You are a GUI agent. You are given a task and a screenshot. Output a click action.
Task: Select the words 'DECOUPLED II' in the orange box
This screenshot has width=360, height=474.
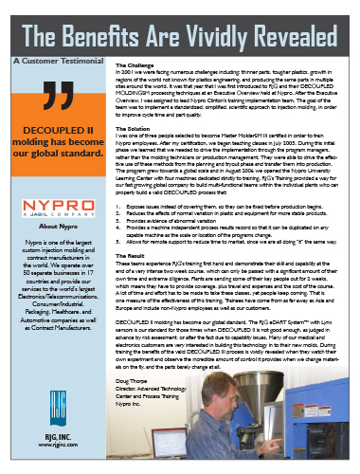(51, 149)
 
